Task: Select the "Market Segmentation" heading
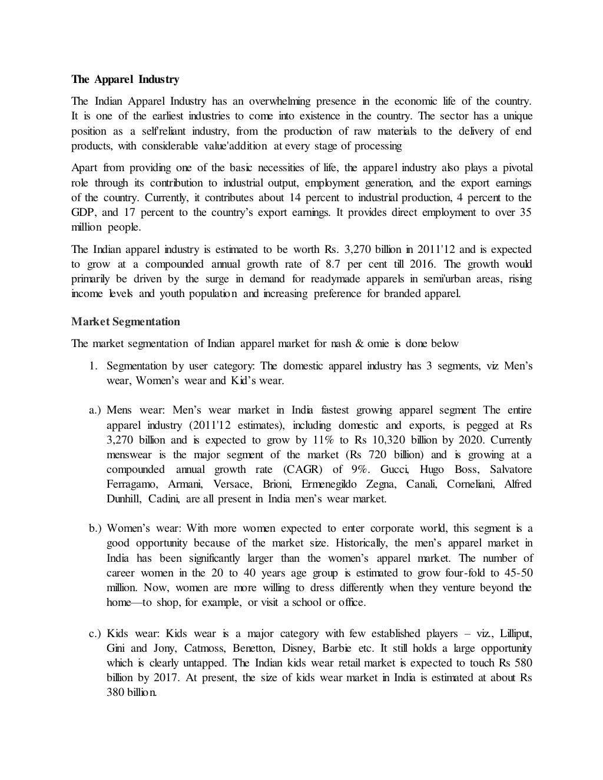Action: point(125,321)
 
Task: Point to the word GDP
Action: point(83,212)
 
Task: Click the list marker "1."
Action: point(93,366)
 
